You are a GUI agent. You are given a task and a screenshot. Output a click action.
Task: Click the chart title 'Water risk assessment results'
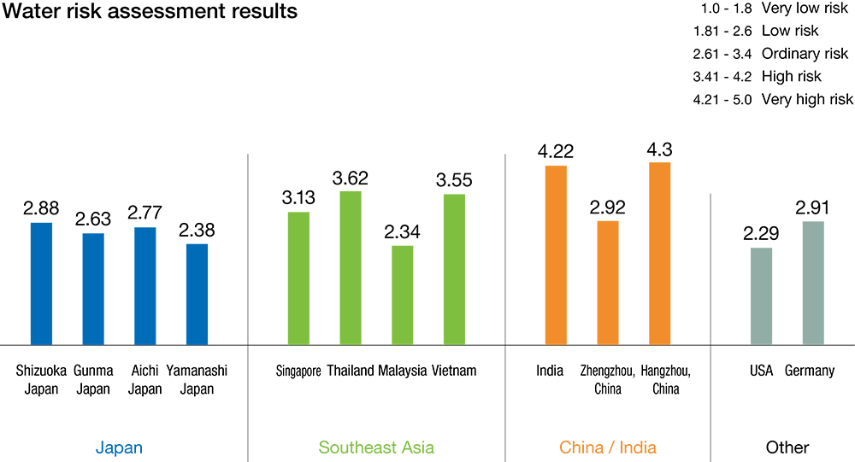150,12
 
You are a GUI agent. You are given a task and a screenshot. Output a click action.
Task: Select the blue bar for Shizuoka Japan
42,284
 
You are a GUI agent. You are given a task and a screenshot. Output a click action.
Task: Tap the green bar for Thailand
351,267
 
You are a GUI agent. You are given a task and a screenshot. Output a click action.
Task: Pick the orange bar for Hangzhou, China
660,253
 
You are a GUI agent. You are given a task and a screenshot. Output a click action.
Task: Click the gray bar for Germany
813,283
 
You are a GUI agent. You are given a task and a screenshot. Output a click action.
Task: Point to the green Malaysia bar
402,295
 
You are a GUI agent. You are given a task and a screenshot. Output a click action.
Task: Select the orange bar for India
556,254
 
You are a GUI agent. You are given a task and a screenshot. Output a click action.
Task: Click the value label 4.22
556,152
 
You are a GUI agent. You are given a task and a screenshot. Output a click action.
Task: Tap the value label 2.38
197,231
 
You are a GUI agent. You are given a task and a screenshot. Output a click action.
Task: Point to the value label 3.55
454,181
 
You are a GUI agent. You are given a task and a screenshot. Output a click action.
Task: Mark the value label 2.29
761,234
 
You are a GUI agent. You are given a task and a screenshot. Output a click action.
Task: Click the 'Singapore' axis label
298,371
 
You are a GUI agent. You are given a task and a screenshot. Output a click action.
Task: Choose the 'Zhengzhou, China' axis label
607,379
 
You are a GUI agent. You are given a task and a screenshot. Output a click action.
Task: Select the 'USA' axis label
761,371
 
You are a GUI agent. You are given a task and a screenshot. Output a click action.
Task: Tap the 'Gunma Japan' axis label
93,379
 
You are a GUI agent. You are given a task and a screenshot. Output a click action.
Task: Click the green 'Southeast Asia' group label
376,447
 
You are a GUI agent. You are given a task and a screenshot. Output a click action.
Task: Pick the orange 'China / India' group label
608,447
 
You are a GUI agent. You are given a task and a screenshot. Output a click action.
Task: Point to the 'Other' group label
787,447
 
